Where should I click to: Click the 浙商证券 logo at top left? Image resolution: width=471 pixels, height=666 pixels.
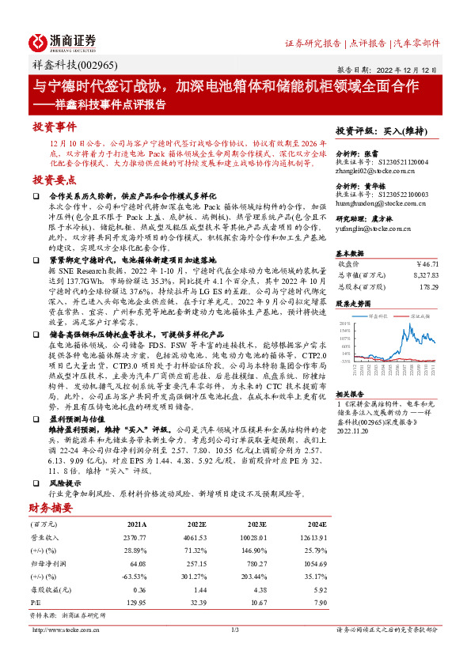click(63, 42)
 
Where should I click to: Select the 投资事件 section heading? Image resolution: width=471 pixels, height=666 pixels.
click(54, 126)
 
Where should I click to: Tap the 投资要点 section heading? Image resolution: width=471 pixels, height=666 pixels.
click(54, 180)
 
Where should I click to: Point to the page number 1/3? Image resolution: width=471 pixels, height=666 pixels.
click(235, 630)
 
